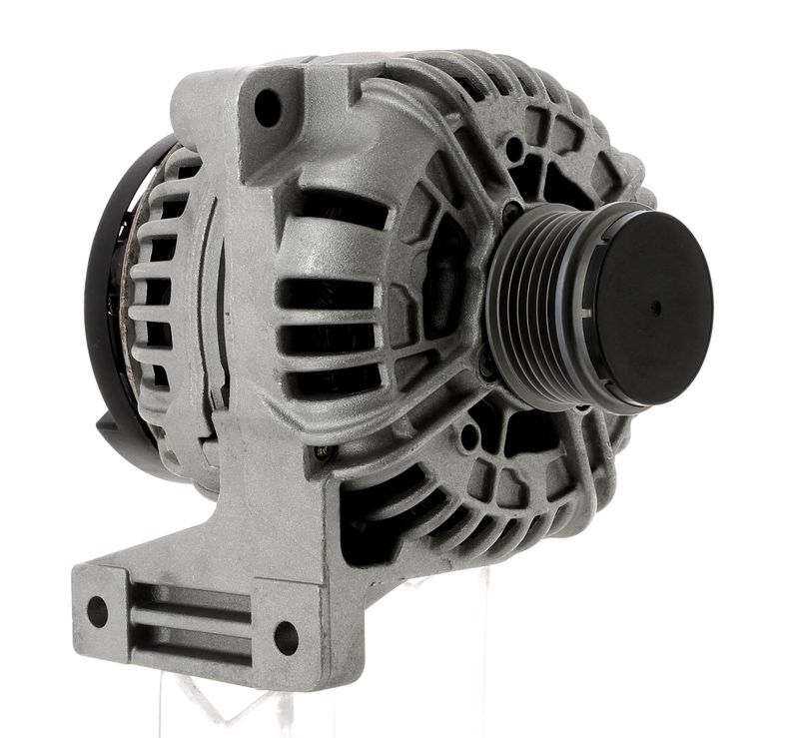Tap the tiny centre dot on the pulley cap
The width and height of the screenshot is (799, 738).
point(656,307)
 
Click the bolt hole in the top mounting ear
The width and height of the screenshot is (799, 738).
point(268,107)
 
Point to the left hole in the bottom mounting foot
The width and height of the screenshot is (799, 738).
point(97,610)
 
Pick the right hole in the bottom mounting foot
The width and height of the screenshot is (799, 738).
point(287,636)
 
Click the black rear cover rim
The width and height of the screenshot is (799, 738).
point(100,300)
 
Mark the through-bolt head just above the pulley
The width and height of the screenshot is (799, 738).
point(512,212)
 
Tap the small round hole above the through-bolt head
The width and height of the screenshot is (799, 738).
point(513,150)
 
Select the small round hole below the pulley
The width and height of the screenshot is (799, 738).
point(469,435)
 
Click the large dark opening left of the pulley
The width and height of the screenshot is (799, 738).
point(439,290)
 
